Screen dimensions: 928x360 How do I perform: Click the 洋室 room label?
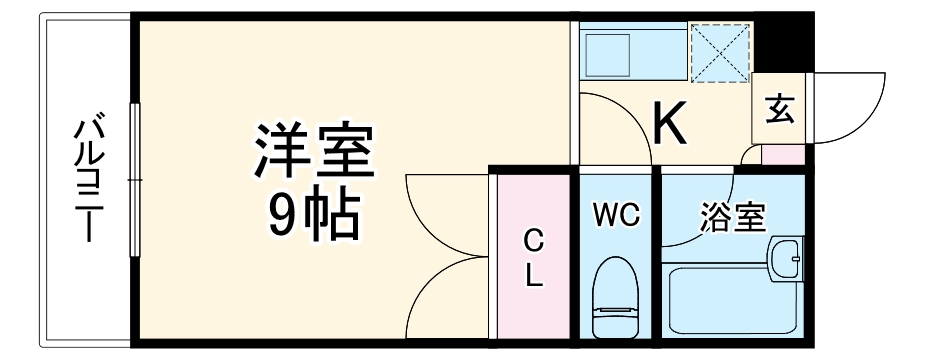(x=313, y=150)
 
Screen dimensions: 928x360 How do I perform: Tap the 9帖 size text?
(x=313, y=213)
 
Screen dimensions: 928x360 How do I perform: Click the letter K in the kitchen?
(x=669, y=123)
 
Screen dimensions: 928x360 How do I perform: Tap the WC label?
(x=614, y=214)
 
